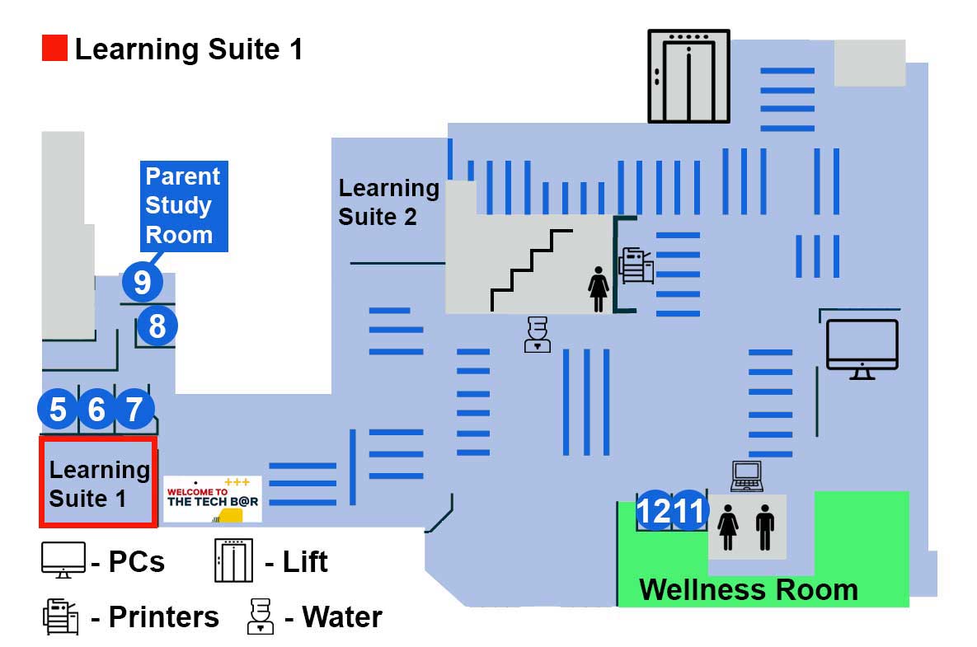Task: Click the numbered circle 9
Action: pyautogui.click(x=143, y=283)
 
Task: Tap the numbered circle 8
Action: pyautogui.click(x=157, y=326)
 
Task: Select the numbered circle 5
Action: pyautogui.click(x=58, y=409)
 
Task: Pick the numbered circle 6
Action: pyautogui.click(x=96, y=409)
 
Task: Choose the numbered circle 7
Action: pyautogui.click(x=134, y=409)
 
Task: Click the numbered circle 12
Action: pyautogui.click(x=655, y=512)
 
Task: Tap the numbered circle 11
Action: pyautogui.click(x=689, y=512)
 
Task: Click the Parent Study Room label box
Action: pyautogui.click(x=183, y=205)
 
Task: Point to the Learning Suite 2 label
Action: pyautogui.click(x=388, y=202)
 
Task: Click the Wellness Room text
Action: pyautogui.click(x=749, y=590)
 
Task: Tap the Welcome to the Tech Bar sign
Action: pyautogui.click(x=213, y=499)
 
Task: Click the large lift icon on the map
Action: pyautogui.click(x=688, y=76)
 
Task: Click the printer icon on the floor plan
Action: pyautogui.click(x=636, y=265)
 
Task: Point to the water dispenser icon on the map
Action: pyautogui.click(x=537, y=335)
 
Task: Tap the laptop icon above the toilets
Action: pyautogui.click(x=748, y=476)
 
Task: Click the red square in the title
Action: pyautogui.click(x=54, y=49)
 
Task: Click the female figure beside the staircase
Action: pyautogui.click(x=598, y=288)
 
